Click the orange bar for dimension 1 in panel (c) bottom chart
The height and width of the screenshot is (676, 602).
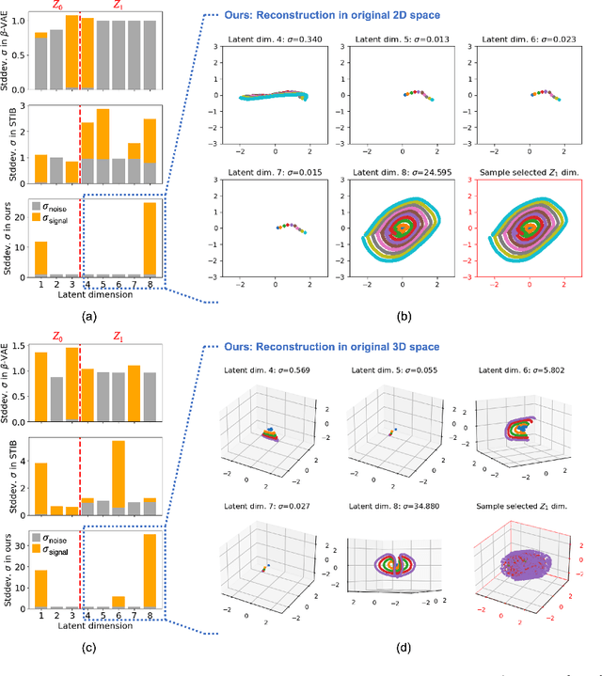coord(40,590)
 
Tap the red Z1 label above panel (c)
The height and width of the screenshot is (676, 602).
coord(118,336)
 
